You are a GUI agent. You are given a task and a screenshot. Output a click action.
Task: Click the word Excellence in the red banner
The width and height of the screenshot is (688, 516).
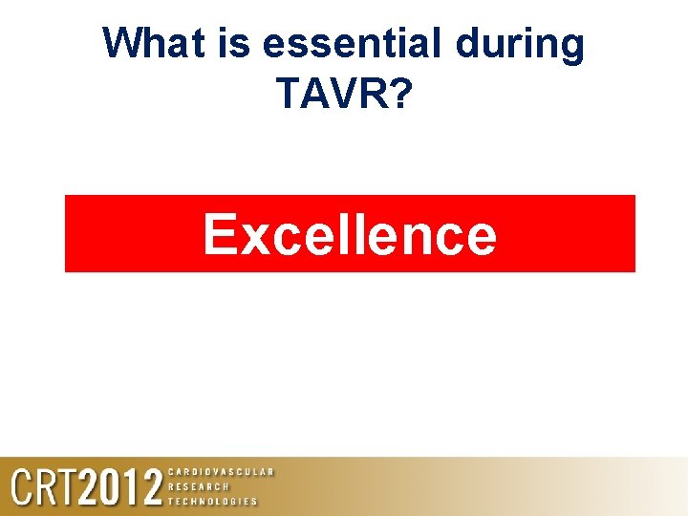pyautogui.click(x=350, y=235)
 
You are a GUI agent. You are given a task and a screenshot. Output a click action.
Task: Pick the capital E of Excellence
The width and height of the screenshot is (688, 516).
pyautogui.click(x=219, y=235)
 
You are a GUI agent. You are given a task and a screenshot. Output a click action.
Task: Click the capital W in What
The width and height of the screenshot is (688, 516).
pyautogui.click(x=123, y=43)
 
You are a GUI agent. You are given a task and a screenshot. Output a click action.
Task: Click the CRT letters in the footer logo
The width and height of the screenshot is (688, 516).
pyautogui.click(x=43, y=487)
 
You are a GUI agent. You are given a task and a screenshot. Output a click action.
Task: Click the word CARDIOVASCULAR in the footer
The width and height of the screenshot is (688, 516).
pyautogui.click(x=221, y=472)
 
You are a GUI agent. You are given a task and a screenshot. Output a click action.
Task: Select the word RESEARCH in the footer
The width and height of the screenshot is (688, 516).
pyautogui.click(x=198, y=486)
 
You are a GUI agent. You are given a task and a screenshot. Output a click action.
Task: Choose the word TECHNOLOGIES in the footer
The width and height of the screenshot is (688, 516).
pyautogui.click(x=212, y=501)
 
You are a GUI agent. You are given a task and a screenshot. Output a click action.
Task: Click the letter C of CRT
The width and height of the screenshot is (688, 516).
pyautogui.click(x=22, y=487)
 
